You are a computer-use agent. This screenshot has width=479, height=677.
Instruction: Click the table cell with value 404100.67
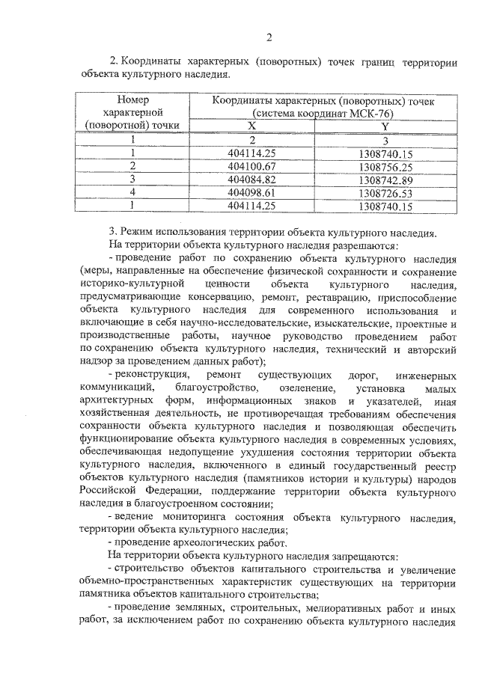(x=251, y=165)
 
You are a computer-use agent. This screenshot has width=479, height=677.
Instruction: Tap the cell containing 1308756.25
(x=385, y=165)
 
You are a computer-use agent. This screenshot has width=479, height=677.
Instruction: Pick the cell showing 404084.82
(x=251, y=179)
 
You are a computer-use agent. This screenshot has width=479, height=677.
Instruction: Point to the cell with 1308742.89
(x=385, y=179)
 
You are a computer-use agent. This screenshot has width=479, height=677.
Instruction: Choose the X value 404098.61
(x=251, y=192)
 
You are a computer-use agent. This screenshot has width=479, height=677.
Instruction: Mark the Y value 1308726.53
(x=385, y=192)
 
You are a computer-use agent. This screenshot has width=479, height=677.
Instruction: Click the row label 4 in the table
(x=132, y=192)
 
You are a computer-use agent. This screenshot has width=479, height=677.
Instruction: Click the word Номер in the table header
(x=133, y=99)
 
